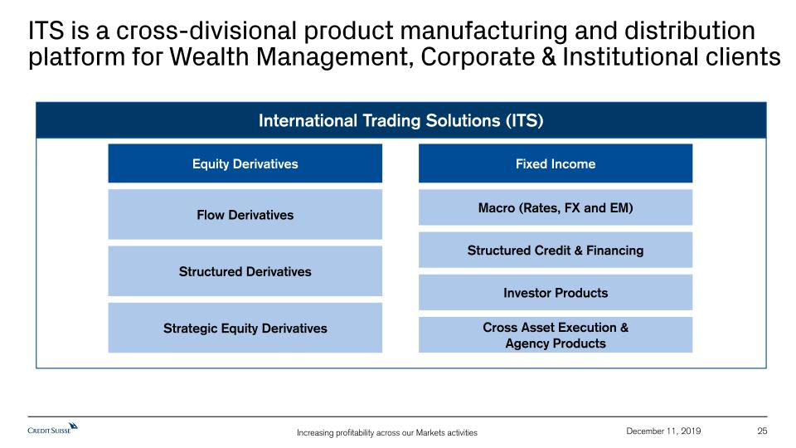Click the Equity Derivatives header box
coord(245,163)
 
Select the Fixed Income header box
coord(556,163)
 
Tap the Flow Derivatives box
coord(245,214)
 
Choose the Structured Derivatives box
coord(245,271)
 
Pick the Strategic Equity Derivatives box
coord(245,328)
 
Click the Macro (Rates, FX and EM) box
coord(556,207)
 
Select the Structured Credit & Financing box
coord(556,250)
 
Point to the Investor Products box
coord(556,293)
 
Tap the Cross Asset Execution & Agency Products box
coord(556,334)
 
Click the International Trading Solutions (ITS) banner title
coord(401,120)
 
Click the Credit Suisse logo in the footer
coord(53,429)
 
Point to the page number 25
coord(762,431)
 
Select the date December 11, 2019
coord(663,431)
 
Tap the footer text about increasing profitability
coord(387,433)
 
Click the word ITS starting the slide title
coord(46,31)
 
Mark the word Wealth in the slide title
coord(209,56)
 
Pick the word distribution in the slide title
coord(689,31)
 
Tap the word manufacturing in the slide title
coord(483,32)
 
